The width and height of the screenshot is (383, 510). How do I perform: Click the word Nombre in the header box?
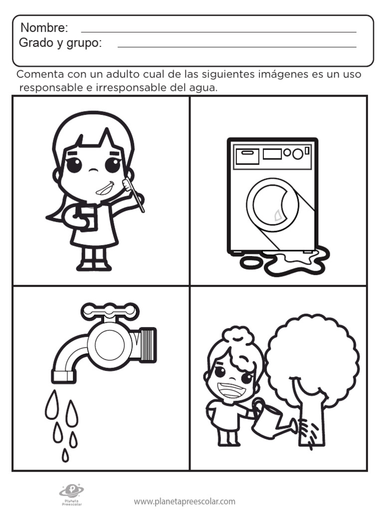click(44, 28)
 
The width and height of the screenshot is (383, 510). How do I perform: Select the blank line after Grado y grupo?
click(237, 47)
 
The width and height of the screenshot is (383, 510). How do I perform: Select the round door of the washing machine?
click(272, 205)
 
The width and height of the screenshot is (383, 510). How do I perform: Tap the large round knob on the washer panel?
click(297, 153)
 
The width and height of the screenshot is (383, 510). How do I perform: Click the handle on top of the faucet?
click(110, 311)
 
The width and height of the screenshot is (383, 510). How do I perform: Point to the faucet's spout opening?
click(62, 377)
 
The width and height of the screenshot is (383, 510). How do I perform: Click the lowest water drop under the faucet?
click(65, 455)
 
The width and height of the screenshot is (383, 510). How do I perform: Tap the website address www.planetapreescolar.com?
click(185, 502)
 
